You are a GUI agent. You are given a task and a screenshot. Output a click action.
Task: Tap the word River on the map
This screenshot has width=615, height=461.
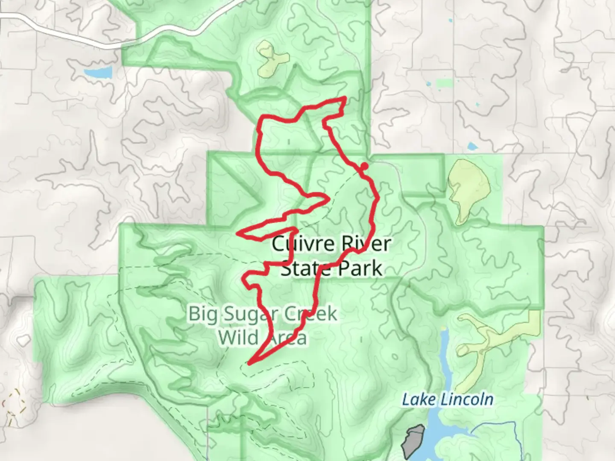click(366, 244)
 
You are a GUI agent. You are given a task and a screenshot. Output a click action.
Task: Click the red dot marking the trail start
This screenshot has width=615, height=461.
click(364, 166)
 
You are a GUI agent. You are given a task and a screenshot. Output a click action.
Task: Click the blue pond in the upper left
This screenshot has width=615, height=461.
click(99, 73)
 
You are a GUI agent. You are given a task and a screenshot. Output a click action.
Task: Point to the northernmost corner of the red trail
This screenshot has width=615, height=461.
click(344, 99)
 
